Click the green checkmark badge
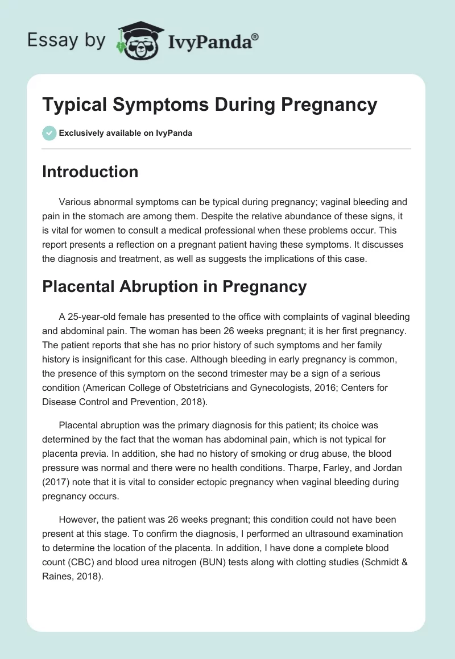[x=49, y=133]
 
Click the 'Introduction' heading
[x=90, y=172]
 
